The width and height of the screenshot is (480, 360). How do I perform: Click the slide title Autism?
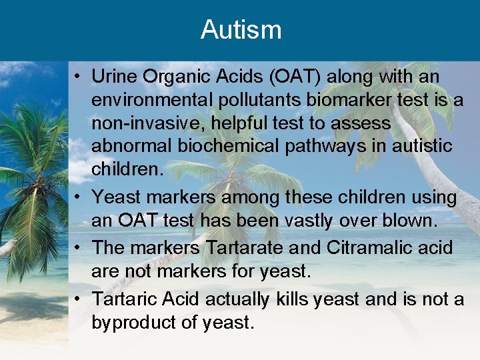[241, 29]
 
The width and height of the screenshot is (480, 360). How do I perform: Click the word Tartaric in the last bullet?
[120, 299]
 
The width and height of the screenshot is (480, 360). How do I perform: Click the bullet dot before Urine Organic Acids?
[79, 78]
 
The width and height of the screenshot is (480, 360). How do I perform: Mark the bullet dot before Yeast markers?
[79, 198]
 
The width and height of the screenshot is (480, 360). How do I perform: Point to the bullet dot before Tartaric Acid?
[79, 300]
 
